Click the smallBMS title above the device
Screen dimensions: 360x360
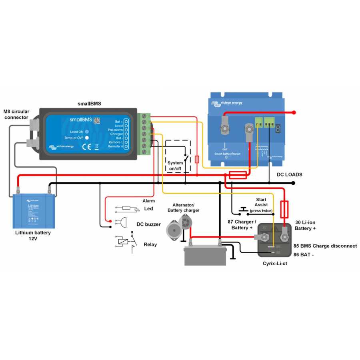coord(89,103)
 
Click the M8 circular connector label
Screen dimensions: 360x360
coord(16,114)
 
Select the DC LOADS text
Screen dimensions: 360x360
coord(289,175)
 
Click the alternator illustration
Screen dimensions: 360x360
coord(179,226)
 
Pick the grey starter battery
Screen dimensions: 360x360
coord(205,255)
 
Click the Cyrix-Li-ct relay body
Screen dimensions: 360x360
coord(274,240)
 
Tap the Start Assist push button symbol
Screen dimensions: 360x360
coord(243,210)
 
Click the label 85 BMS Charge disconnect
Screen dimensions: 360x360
coord(325,246)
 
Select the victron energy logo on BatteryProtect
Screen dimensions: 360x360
coord(227,103)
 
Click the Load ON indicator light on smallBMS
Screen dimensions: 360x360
coord(86,132)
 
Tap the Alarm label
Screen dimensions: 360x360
coord(148,201)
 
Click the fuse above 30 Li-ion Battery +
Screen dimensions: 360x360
coord(285,208)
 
